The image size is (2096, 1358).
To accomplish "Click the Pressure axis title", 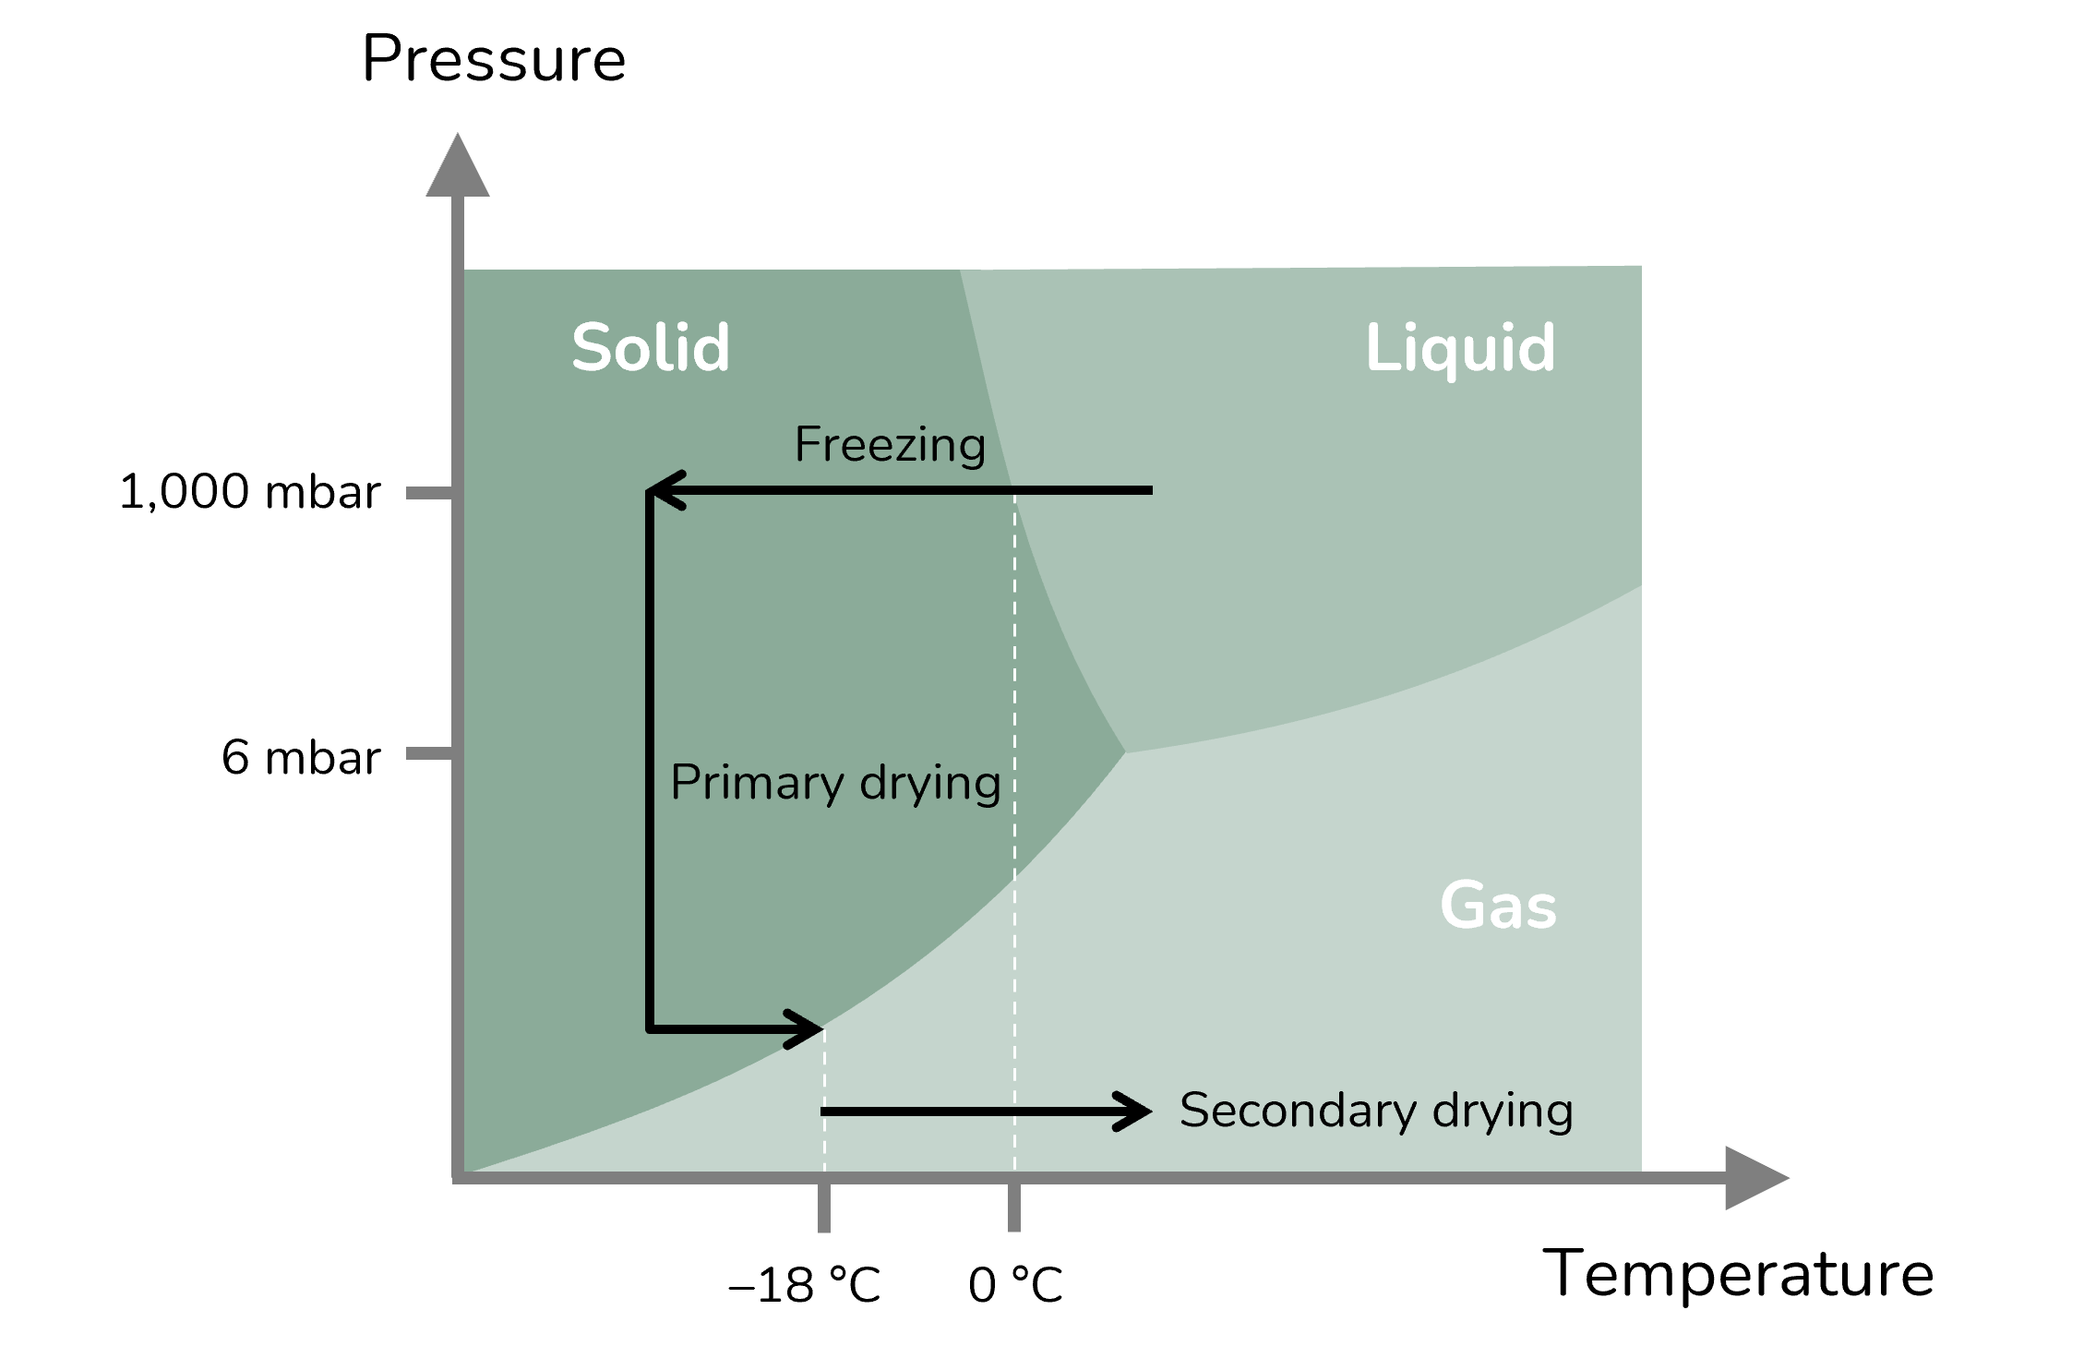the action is (494, 59).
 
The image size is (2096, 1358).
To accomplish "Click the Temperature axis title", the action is (1739, 1275).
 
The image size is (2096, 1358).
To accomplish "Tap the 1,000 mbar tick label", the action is (250, 492).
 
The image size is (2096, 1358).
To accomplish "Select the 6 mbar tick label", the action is (301, 758).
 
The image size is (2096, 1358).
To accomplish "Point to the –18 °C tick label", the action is (805, 1285).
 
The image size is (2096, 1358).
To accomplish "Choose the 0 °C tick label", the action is (1016, 1285).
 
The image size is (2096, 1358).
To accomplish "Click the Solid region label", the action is (651, 348).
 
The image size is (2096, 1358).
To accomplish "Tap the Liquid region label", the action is (1460, 349).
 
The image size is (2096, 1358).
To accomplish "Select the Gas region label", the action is (1499, 906).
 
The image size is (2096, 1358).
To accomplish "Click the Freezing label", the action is (890, 445).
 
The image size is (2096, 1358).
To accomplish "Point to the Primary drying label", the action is (836, 784).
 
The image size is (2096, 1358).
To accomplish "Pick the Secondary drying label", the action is (1376, 1111).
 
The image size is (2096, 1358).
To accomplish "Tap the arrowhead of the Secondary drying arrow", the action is (1134, 1112).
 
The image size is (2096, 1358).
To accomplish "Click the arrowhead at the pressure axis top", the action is (458, 165).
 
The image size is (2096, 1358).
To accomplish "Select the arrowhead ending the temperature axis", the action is (1757, 1178).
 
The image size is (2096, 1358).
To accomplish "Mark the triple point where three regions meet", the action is (1125, 752).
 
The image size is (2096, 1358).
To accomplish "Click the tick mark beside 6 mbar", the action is (429, 754).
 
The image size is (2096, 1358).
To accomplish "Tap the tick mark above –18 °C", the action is (824, 1207).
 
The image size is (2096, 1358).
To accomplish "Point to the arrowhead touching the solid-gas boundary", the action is (804, 1029).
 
